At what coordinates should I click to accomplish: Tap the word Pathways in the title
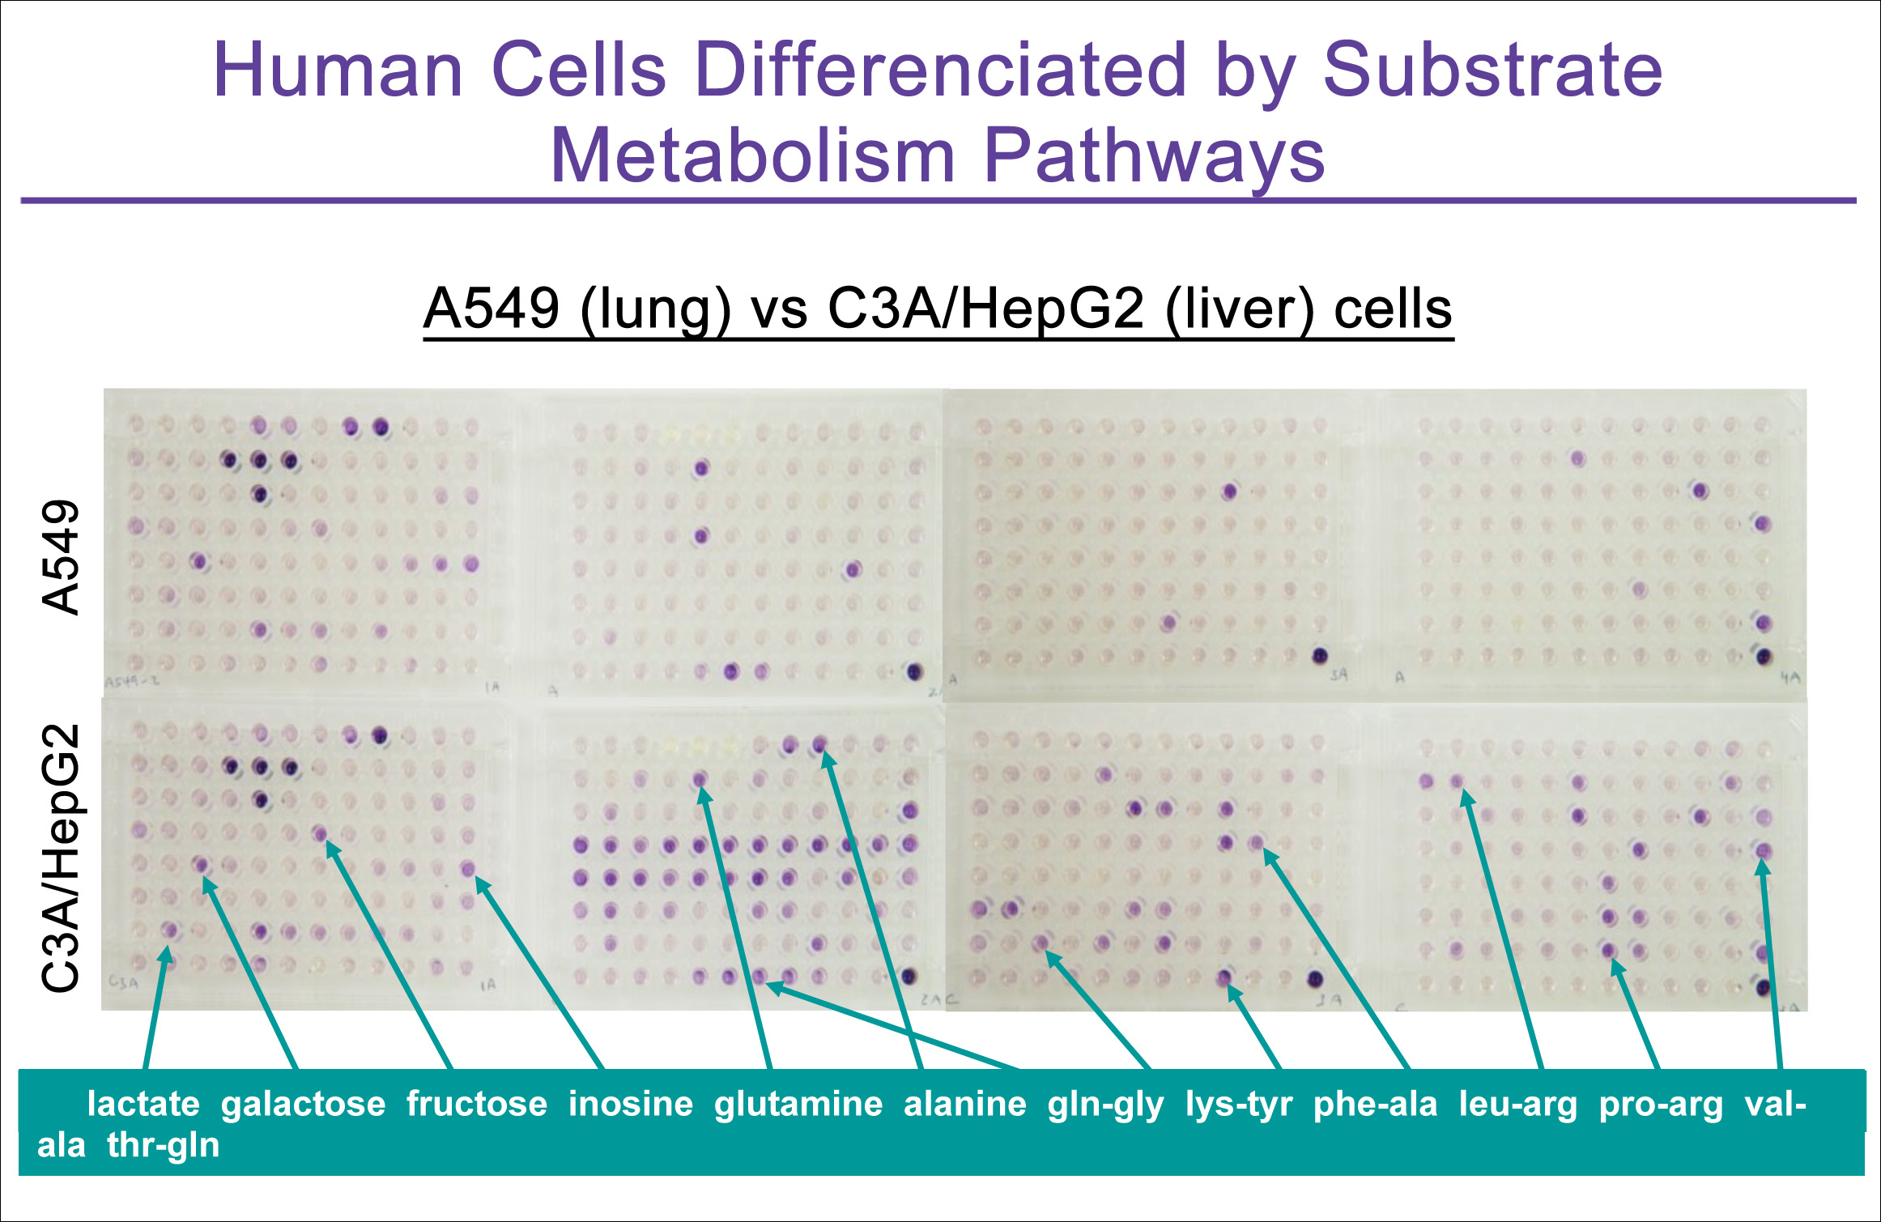pos(1153,156)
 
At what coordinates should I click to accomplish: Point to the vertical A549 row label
pos(62,557)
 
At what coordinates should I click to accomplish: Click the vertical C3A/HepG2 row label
pos(62,858)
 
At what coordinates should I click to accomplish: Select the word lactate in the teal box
pos(143,1105)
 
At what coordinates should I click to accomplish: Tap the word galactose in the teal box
pos(303,1105)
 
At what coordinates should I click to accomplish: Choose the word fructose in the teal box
pos(476,1105)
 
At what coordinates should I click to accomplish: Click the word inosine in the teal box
pos(630,1105)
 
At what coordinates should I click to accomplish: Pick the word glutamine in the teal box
pos(798,1105)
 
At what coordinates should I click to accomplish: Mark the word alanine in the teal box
pos(964,1105)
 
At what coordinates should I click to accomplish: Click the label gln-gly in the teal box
pos(1105,1105)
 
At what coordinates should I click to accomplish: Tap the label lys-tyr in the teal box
pos(1238,1105)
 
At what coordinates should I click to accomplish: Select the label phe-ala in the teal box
pos(1375,1105)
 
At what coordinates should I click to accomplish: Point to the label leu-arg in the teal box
pos(1517,1105)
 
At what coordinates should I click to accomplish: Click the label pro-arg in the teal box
pos(1661,1105)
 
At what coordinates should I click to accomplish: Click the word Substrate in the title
pos(1492,70)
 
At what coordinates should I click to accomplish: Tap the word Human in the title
pos(338,70)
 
